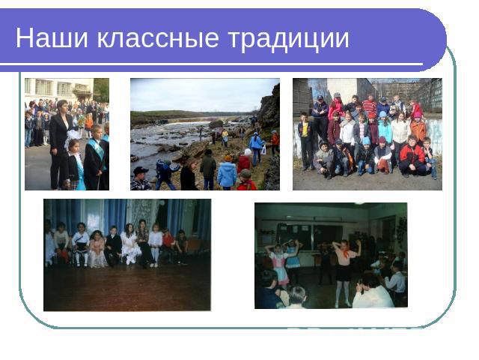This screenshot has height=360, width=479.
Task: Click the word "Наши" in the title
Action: pyautogui.click(x=52, y=38)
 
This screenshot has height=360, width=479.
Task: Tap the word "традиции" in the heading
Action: pyautogui.click(x=288, y=39)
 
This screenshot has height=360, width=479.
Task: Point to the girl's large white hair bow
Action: pyautogui.click(x=73, y=136)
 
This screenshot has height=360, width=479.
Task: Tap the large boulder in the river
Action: pyautogui.click(x=216, y=124)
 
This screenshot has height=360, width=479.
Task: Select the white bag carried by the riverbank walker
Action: pyautogui.click(x=263, y=150)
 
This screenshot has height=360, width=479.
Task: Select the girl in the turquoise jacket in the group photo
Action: pyautogui.click(x=384, y=128)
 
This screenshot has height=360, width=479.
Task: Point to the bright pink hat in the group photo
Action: pyautogui.click(x=417, y=115)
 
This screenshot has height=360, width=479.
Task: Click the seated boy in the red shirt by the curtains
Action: pyautogui.click(x=168, y=246)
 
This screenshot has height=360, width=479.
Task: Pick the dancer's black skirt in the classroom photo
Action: pyautogui.click(x=344, y=273)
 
